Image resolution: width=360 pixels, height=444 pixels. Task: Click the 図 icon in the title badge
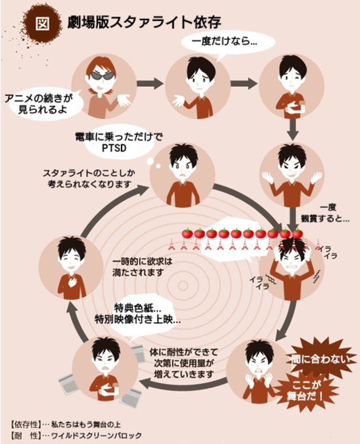click(x=42, y=24)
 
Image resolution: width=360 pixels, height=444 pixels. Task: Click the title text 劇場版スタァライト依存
click(x=144, y=22)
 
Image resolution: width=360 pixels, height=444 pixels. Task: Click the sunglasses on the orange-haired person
click(x=103, y=75)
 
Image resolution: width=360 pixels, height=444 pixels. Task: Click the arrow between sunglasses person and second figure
click(x=150, y=84)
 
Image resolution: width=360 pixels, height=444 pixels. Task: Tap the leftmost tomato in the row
click(x=188, y=233)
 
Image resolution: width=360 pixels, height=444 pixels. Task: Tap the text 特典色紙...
click(x=138, y=308)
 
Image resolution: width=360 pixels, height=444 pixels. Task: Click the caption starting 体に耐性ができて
click(x=184, y=363)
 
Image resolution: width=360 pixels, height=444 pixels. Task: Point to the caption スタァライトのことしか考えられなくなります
click(x=89, y=178)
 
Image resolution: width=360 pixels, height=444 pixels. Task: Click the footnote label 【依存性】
click(x=24, y=424)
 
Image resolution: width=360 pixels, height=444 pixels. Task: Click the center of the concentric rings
click(x=183, y=286)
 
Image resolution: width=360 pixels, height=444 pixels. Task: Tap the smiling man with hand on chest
click(x=71, y=268)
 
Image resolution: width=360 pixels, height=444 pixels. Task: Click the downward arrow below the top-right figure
click(x=293, y=129)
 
